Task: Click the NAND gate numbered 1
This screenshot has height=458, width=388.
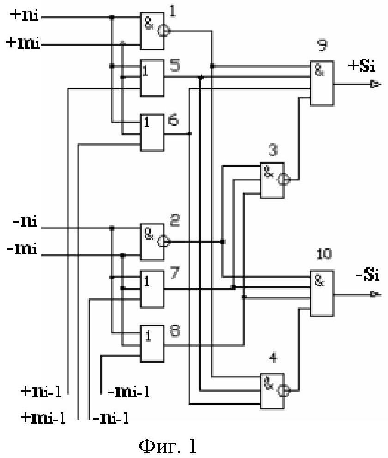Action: click(x=152, y=31)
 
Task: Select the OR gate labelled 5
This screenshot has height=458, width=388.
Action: click(x=152, y=77)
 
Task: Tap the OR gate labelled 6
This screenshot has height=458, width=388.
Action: click(x=152, y=133)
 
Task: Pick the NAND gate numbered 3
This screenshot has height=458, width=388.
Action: click(x=272, y=180)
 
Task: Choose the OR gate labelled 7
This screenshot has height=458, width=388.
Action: click(x=152, y=288)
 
